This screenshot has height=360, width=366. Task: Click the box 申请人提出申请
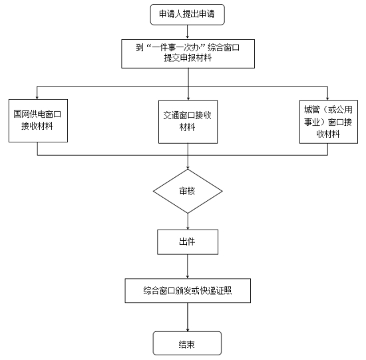(187, 15)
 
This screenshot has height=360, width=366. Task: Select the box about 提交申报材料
(188, 54)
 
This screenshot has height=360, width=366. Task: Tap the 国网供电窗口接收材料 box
(39, 120)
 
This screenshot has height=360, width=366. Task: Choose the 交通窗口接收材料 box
(188, 122)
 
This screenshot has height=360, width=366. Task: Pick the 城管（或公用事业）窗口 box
(329, 122)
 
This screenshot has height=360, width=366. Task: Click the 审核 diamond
(188, 191)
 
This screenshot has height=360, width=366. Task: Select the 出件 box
(188, 242)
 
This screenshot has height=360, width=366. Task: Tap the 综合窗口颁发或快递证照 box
(188, 290)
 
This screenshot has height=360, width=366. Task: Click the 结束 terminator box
(187, 343)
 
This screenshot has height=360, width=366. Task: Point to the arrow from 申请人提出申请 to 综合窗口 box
(187, 32)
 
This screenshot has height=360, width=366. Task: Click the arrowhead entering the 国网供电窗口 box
(37, 97)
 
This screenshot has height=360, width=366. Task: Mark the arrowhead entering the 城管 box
(327, 98)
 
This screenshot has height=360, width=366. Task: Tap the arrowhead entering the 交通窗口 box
(188, 98)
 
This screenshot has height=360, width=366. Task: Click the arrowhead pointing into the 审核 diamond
(188, 168)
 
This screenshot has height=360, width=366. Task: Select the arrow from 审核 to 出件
(188, 222)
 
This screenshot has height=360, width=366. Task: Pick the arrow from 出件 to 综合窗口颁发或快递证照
(188, 266)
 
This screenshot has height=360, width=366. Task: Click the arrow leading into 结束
(188, 317)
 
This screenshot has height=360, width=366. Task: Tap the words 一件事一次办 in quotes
(176, 48)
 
